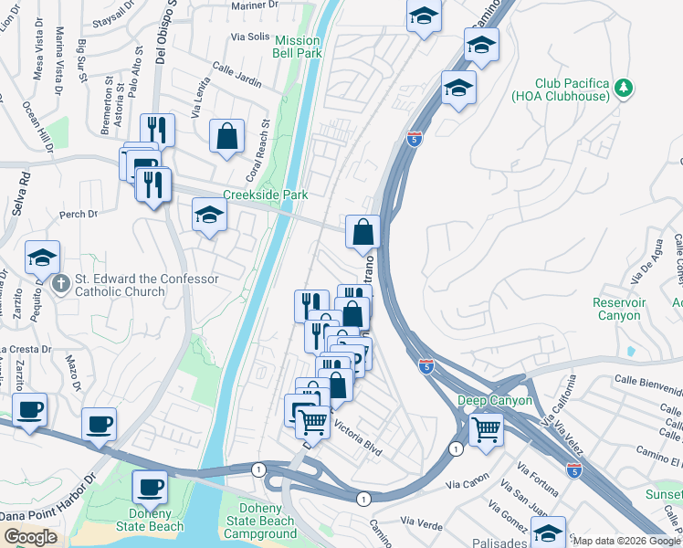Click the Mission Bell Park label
298,47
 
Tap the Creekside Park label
266,195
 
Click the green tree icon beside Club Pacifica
625,88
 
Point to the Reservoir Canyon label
644,309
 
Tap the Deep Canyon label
494,401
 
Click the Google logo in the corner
30,537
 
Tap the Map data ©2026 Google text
625,541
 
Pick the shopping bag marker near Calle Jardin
226,136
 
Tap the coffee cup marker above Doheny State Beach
149,486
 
